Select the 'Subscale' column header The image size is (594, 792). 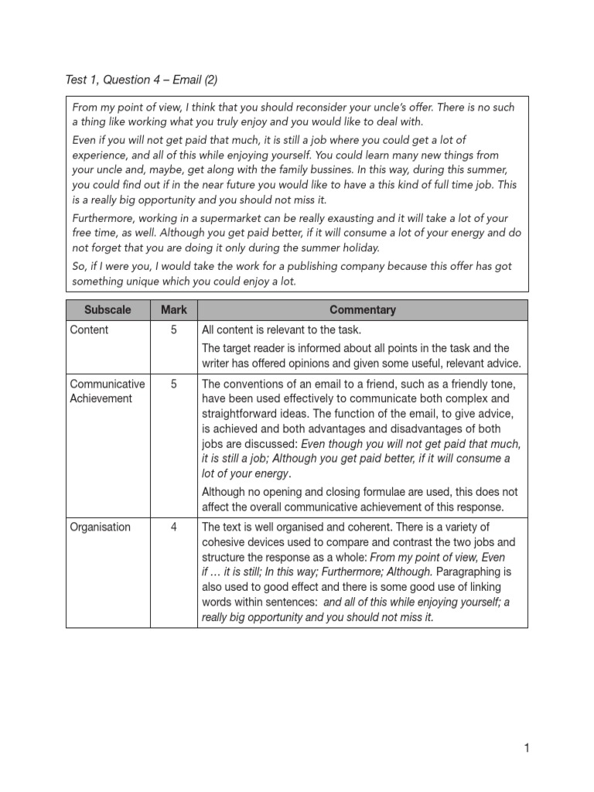[x=108, y=309]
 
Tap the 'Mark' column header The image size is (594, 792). [x=174, y=309]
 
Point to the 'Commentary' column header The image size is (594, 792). [x=362, y=309]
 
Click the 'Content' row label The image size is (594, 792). [x=89, y=329]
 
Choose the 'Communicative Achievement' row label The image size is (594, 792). [x=107, y=391]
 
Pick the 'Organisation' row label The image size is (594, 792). [x=100, y=527]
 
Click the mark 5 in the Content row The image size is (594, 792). [x=174, y=329]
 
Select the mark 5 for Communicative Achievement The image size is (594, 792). [x=174, y=384]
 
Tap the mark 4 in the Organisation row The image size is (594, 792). [x=174, y=527]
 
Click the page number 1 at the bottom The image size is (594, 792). [x=526, y=748]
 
